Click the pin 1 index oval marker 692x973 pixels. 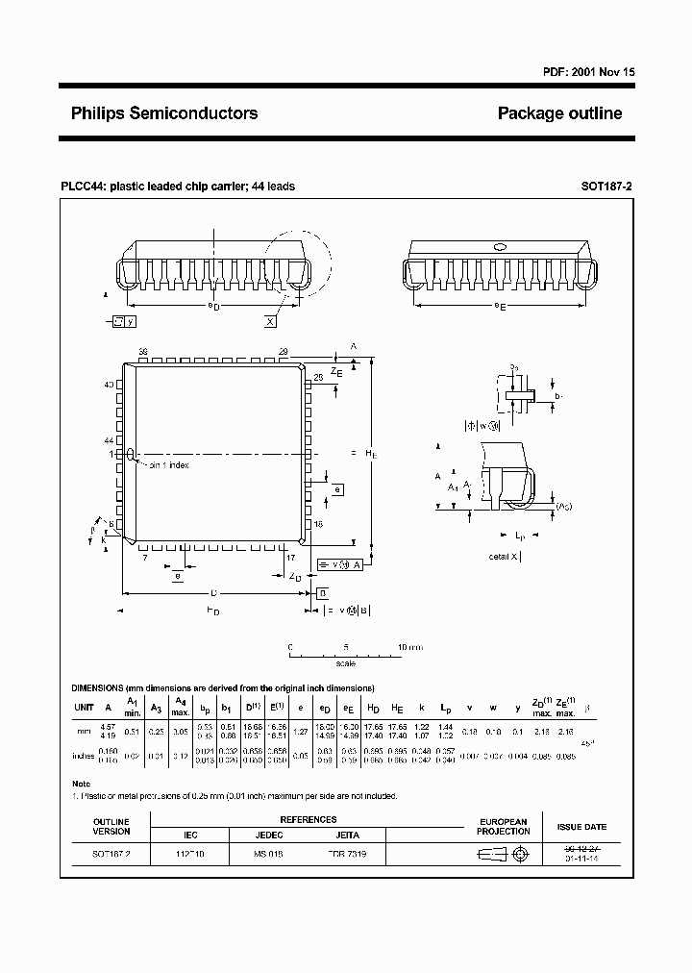pyautogui.click(x=130, y=454)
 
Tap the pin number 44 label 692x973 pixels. pyautogui.click(x=110, y=439)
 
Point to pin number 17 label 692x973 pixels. pyautogui.click(x=289, y=557)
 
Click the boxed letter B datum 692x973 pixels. pyautogui.click(x=323, y=592)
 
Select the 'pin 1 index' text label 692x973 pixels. pyautogui.click(x=168, y=465)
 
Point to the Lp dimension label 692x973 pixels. pyautogui.click(x=519, y=534)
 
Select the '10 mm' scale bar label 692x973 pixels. pyautogui.click(x=409, y=647)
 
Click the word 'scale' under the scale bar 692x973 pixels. pyautogui.click(x=345, y=663)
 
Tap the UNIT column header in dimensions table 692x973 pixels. pyautogui.click(x=85, y=708)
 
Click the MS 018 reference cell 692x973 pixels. pyautogui.click(x=268, y=854)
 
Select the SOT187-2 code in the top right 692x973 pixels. pyautogui.click(x=606, y=187)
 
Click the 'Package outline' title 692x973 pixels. pyautogui.click(x=559, y=113)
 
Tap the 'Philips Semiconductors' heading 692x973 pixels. pyautogui.click(x=164, y=113)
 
